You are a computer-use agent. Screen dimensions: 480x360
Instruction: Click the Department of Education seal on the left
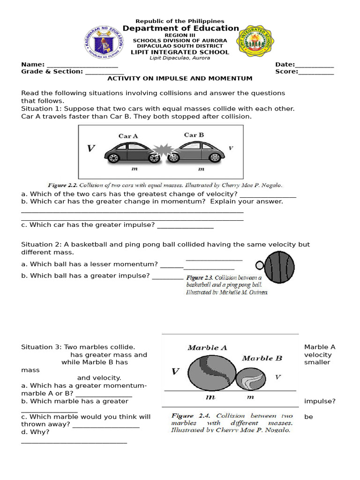pyautogui.click(x=104, y=42)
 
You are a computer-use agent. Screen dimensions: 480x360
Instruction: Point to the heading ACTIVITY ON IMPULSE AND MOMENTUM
pyautogui.click(x=180, y=79)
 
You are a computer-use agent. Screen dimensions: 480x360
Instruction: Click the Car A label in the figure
pyautogui.click(x=128, y=136)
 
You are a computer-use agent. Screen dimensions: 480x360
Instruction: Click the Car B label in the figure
pyautogui.click(x=194, y=135)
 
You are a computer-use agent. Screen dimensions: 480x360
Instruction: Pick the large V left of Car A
pyautogui.click(x=91, y=149)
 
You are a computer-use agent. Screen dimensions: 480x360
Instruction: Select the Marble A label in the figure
pyautogui.click(x=207, y=348)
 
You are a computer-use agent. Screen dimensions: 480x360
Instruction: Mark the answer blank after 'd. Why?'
pyautogui.click(x=74, y=442)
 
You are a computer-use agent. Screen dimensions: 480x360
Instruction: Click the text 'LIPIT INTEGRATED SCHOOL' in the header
pyautogui.click(x=180, y=52)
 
